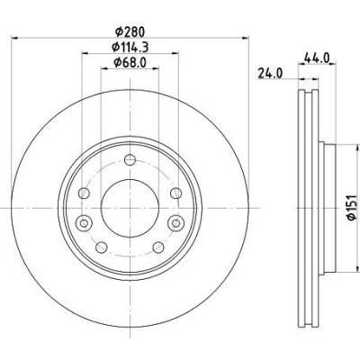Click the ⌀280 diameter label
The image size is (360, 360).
(x=130, y=31)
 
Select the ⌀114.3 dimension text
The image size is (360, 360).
(x=130, y=47)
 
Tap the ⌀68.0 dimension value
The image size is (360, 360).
(x=130, y=62)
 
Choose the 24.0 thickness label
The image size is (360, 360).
(x=270, y=73)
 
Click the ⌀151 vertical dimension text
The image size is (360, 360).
(x=352, y=208)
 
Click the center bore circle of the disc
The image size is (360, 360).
(x=130, y=208)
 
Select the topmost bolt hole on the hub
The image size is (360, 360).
(x=130, y=159)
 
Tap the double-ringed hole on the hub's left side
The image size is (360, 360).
(x=84, y=223)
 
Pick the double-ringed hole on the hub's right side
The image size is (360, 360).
(x=176, y=223)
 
